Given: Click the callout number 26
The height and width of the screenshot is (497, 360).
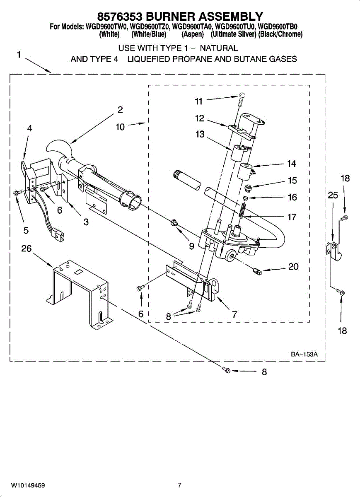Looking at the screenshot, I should (x=27, y=248).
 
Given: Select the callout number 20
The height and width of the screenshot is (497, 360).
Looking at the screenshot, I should (x=293, y=267).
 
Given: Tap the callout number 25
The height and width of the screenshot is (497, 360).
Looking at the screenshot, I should (x=333, y=195).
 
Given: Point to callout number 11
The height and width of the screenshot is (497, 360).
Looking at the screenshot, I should (x=199, y=101).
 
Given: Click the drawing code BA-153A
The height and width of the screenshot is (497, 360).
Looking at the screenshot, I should (x=304, y=355).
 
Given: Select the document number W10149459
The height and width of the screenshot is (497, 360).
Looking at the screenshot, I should (x=28, y=485).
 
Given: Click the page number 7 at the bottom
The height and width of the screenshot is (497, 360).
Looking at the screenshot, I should (x=179, y=485).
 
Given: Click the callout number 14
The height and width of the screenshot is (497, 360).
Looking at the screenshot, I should (x=292, y=164).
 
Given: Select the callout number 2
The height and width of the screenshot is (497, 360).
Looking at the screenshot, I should (x=120, y=110).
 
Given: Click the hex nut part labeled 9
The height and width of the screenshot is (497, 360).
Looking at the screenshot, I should (x=175, y=224).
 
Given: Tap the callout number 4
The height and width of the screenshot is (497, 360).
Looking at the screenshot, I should (x=29, y=128).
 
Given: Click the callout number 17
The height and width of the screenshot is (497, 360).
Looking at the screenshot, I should (x=292, y=217).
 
